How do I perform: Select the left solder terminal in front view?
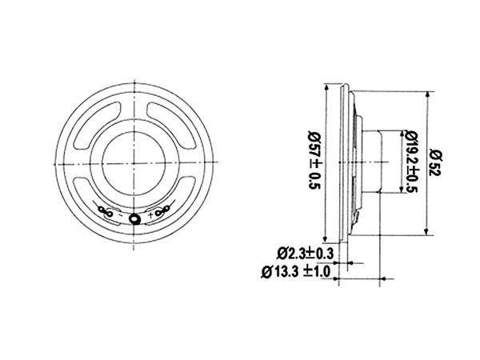pyautogui.click(x=105, y=212)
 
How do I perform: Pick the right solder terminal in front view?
pyautogui.click(x=162, y=212)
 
